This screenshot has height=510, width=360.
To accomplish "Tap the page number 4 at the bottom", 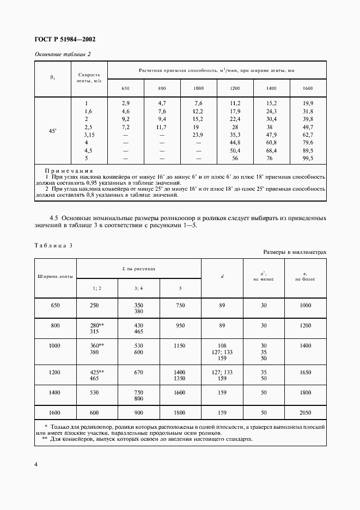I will [36, 464].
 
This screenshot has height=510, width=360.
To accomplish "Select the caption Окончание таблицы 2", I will [62, 54].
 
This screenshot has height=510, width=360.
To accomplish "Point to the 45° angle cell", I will [53, 131].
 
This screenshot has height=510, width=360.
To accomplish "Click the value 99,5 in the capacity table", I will [308, 158].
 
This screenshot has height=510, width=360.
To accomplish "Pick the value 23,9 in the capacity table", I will [198, 135].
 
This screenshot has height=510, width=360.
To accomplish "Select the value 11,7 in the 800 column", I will [162, 127].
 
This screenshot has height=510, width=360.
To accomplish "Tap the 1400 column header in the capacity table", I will [271, 88].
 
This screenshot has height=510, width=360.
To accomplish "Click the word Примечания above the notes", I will [69, 171].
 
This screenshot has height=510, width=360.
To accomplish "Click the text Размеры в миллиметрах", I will [295, 252].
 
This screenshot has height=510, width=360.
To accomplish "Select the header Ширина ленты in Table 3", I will [55, 276].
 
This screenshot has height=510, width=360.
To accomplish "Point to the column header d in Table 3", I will [222, 276].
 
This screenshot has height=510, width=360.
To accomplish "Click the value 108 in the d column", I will [222, 345].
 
